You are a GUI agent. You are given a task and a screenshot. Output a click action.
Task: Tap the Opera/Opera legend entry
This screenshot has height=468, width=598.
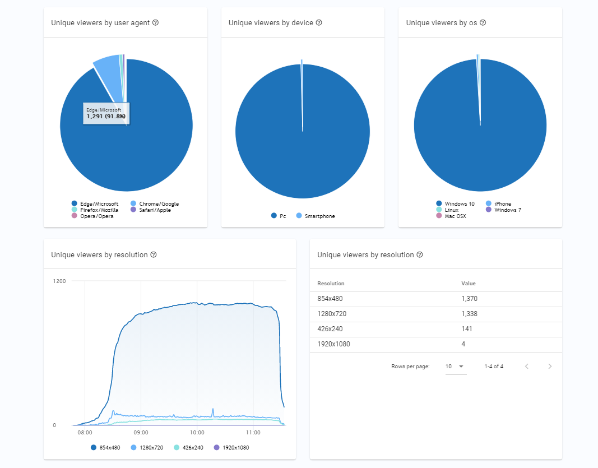tap(96, 216)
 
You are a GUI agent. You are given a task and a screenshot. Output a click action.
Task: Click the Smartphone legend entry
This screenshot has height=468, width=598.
tap(319, 216)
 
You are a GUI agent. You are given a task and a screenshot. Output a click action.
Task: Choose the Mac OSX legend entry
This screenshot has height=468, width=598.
tap(455, 216)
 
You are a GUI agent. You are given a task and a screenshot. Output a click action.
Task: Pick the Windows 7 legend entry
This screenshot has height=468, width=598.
tap(507, 210)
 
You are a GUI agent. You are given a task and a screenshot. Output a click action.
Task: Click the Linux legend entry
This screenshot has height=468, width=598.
tap(451, 210)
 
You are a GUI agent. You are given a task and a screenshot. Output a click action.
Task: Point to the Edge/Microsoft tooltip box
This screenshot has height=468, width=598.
tap(106, 114)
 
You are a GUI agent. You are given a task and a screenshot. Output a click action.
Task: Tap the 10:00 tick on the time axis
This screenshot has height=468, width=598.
tap(197, 433)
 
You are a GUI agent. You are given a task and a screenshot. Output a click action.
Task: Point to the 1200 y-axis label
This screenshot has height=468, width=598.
tap(59, 281)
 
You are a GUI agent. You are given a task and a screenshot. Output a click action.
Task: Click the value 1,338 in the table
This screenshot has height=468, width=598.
tap(469, 314)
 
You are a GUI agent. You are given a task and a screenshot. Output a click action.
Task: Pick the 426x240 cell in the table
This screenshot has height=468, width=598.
tap(329, 330)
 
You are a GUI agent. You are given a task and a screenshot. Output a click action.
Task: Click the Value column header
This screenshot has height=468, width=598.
tap(468, 284)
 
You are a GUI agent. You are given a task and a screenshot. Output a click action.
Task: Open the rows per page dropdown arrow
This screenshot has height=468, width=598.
tap(461, 367)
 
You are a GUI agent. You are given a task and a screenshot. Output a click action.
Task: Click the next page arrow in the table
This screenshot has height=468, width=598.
tap(550, 367)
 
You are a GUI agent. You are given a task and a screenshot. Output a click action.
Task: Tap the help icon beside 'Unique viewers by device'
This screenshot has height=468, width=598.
tap(319, 23)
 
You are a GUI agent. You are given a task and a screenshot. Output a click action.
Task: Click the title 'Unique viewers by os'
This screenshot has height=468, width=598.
tap(442, 23)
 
